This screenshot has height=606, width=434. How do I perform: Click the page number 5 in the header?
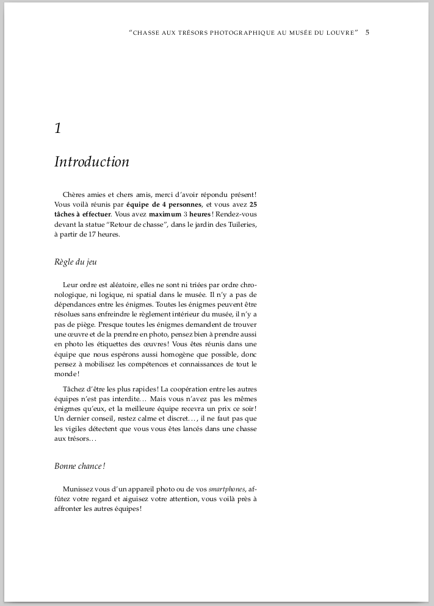367,32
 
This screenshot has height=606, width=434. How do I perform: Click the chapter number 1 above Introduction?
58,128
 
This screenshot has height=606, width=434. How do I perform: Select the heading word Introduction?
92,162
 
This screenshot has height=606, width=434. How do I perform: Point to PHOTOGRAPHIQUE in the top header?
242,33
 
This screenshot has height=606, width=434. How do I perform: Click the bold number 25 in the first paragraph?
253,204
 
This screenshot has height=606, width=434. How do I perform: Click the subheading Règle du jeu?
76,262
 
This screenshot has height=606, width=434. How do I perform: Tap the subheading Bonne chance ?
80,466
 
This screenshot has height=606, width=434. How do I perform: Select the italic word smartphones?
226,489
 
